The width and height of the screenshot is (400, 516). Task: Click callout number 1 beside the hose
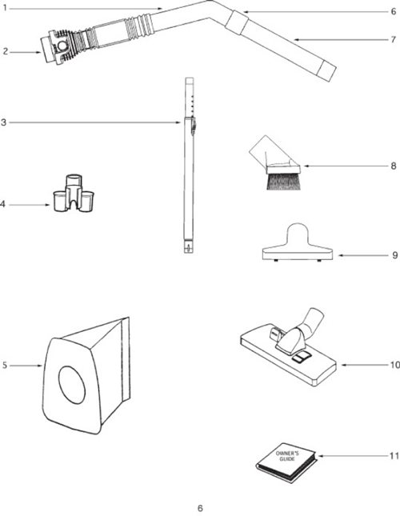click(5, 7)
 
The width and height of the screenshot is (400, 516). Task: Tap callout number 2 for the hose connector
click(6, 52)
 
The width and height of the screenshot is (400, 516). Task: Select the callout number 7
click(394, 39)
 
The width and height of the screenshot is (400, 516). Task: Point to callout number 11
click(394, 456)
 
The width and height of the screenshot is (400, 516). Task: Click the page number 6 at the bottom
click(200, 508)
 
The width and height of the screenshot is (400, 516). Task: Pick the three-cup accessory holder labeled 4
click(74, 193)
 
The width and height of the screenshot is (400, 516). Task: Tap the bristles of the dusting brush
click(283, 182)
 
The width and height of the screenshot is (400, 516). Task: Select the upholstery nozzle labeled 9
click(298, 243)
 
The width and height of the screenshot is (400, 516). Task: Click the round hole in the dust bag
click(72, 385)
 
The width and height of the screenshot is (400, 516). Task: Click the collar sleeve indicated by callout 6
click(237, 21)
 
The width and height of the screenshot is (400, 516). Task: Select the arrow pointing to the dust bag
click(26, 366)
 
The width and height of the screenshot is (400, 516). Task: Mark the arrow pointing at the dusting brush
click(346, 166)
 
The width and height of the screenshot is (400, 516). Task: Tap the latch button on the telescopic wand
click(193, 126)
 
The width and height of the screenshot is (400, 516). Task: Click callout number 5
click(5, 366)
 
